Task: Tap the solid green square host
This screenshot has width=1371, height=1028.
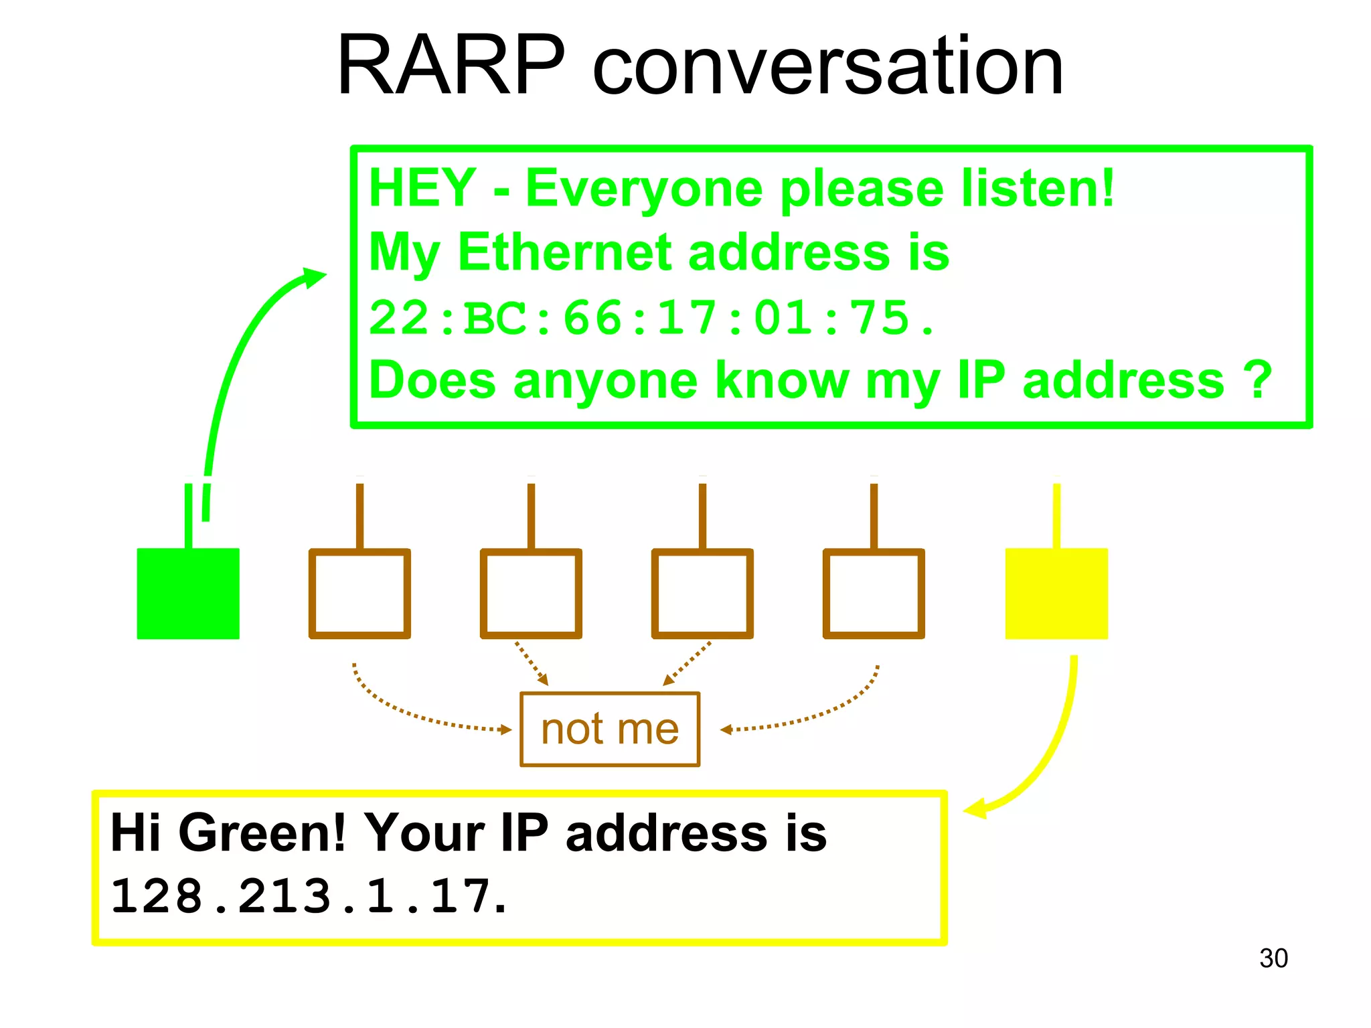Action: click(188, 593)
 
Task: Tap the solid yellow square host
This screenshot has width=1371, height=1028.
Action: click(1056, 593)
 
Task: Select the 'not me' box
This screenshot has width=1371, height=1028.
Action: click(610, 729)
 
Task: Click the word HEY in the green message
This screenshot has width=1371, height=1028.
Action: click(422, 189)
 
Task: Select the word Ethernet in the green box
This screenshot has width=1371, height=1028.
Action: click(564, 253)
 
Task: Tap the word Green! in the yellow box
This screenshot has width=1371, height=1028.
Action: click(261, 833)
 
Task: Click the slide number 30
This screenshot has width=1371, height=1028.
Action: click(1273, 958)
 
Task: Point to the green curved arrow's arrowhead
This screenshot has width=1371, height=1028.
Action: click(314, 276)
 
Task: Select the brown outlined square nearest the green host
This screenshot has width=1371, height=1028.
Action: click(359, 593)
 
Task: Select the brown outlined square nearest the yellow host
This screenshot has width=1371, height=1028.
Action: click(874, 593)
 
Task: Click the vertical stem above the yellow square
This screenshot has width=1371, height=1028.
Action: click(1056, 515)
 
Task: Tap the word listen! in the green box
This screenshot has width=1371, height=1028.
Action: click(1038, 189)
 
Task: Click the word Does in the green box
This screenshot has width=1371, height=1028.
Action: click(432, 380)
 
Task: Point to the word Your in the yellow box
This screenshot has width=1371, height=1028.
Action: click(423, 833)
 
